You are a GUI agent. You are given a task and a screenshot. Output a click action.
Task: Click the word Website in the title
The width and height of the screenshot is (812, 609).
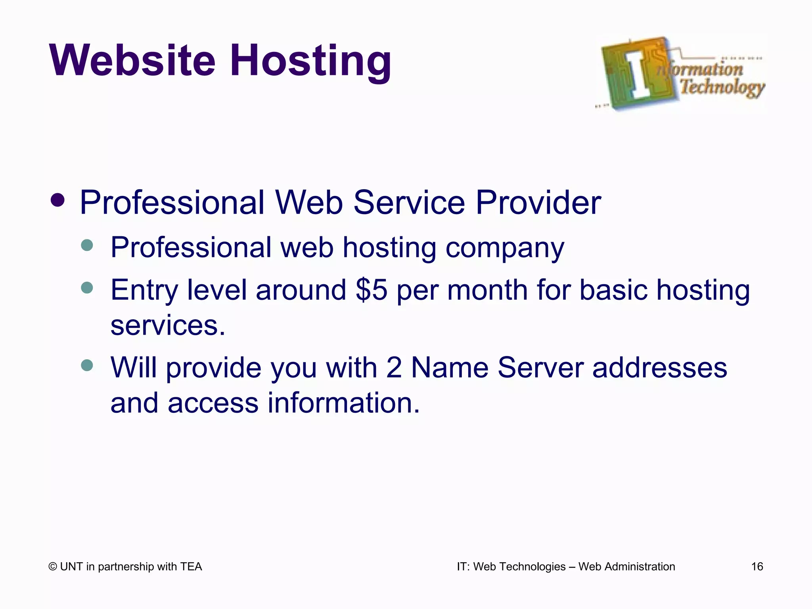click(132, 61)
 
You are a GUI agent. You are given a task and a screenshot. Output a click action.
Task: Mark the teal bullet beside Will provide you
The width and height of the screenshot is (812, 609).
click(86, 365)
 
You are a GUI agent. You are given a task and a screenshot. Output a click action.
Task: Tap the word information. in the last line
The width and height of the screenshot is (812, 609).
click(343, 402)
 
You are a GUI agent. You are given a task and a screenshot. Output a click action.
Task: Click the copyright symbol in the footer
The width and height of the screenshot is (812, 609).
click(52, 567)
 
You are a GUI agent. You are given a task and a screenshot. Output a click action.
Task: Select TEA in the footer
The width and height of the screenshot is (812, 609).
click(191, 567)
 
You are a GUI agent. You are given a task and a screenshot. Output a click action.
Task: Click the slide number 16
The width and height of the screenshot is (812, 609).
click(757, 567)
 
